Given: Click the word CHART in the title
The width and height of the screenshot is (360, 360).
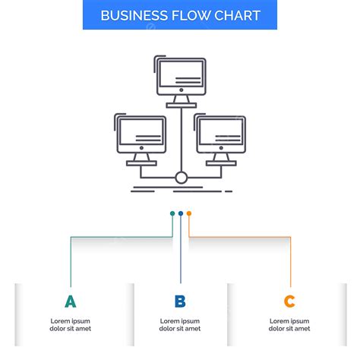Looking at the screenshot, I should point(237,16).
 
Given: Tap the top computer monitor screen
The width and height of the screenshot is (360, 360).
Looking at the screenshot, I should point(181,75).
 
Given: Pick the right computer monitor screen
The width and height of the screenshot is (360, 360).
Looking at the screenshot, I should point(220,134).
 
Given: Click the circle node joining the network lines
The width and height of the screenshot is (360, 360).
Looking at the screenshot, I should point(181,178).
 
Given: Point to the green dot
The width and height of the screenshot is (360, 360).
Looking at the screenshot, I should point(172,213).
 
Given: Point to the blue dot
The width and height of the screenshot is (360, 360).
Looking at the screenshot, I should point(181,213).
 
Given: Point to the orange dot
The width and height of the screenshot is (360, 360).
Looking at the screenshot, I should point(189,213).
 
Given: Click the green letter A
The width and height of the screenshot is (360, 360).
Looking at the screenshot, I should point(71,302).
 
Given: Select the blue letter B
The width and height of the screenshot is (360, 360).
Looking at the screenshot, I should point(180,302).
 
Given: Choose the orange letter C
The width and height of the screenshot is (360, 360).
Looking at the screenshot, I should point(289,302).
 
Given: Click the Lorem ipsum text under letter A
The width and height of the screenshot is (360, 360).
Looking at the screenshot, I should point(71,324).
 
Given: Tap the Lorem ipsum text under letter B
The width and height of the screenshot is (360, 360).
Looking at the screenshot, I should point(180,324).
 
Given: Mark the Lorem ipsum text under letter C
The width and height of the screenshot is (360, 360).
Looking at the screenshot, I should point(289,324).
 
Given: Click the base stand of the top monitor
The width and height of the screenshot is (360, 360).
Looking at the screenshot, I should point(181,104).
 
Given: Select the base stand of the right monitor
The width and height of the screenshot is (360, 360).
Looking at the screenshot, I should point(220,163).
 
